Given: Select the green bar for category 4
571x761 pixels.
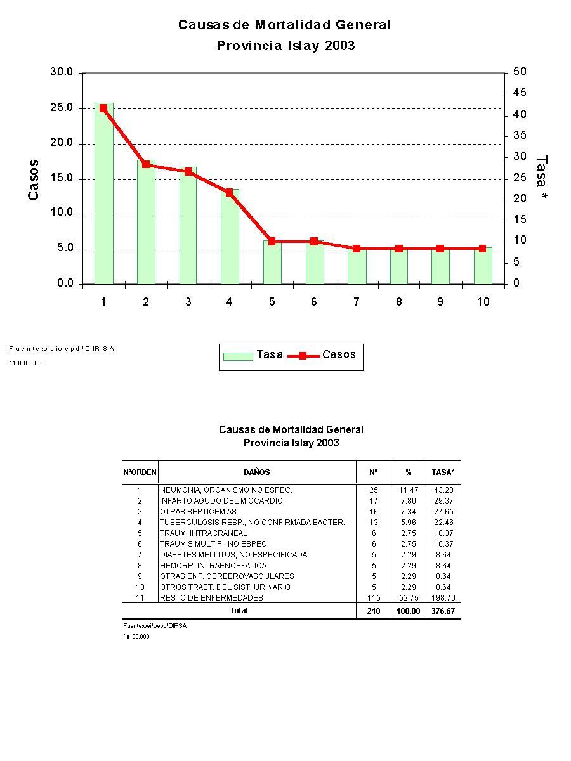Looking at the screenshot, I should pyautogui.click(x=230, y=238).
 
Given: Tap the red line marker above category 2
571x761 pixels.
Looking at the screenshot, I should pyautogui.click(x=146, y=164).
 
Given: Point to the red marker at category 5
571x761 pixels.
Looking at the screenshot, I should pyautogui.click(x=272, y=241).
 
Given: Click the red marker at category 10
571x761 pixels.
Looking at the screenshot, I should pyautogui.click(x=483, y=249).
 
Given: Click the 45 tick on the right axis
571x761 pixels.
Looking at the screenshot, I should pyautogui.click(x=520, y=93).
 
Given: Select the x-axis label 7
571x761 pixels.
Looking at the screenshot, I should pyautogui.click(x=357, y=302).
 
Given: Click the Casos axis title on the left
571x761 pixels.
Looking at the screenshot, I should pyautogui.click(x=34, y=179).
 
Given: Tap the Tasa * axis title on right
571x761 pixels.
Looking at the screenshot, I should pyautogui.click(x=541, y=179).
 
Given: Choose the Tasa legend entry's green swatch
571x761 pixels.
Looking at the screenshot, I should pyautogui.click(x=238, y=356).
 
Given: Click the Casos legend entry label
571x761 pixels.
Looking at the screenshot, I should pyautogui.click(x=339, y=354).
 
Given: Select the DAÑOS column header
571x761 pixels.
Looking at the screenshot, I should pyautogui.click(x=256, y=472).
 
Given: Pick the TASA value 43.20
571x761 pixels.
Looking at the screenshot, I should pyautogui.click(x=443, y=490).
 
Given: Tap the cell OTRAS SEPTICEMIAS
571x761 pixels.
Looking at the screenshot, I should pyautogui.click(x=198, y=512).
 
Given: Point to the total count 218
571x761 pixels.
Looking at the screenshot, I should pyautogui.click(x=374, y=611).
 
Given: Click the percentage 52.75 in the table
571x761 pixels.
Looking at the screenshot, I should pyautogui.click(x=409, y=598).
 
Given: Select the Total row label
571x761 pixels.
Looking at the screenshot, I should pyautogui.click(x=239, y=611).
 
